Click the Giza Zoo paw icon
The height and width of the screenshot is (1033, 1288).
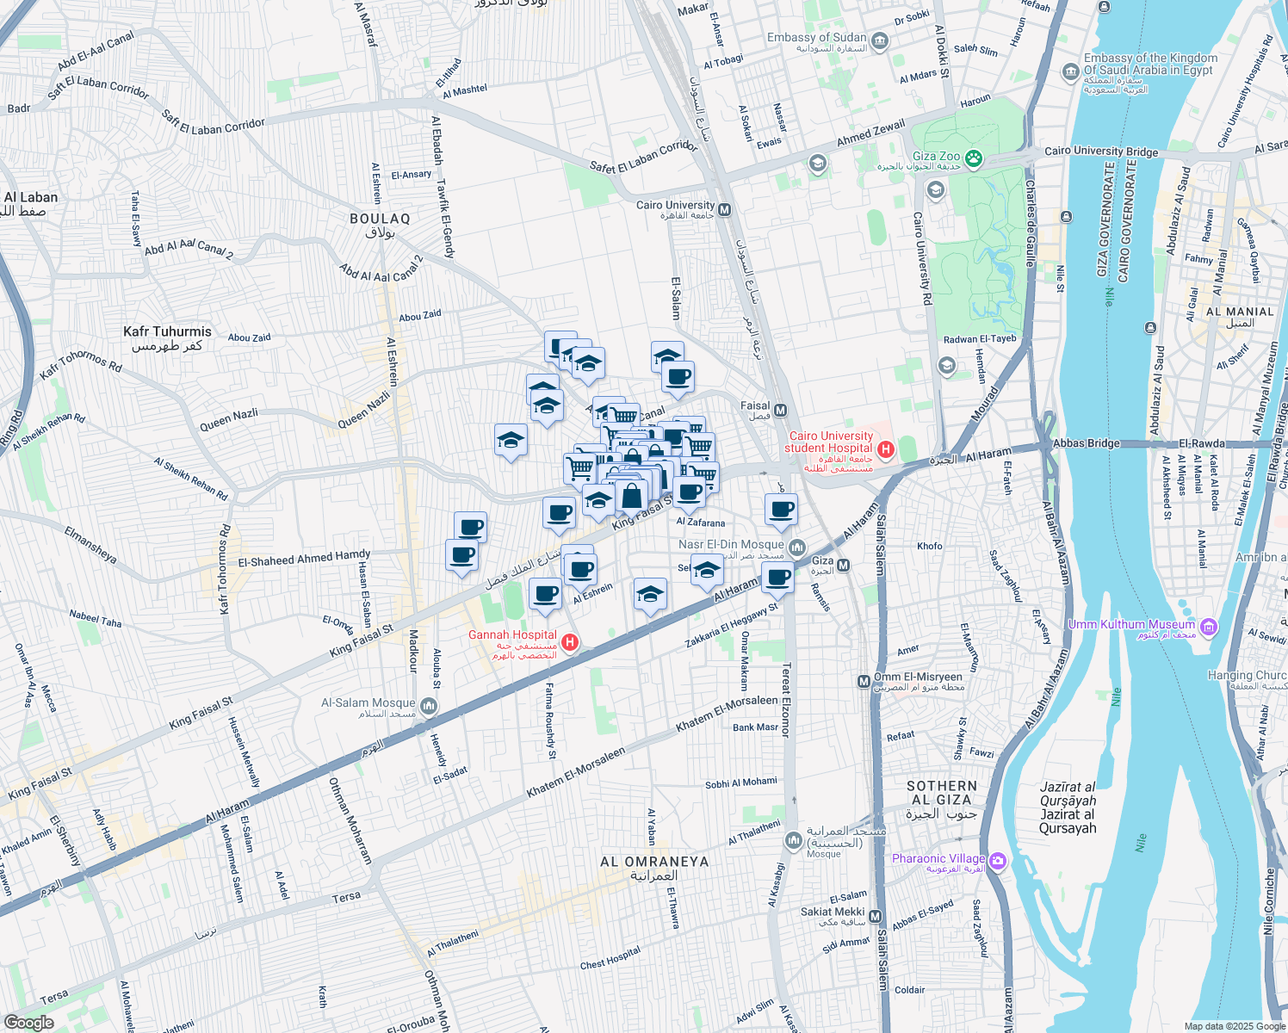coord(974,158)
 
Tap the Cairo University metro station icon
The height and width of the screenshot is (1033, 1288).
coord(725,209)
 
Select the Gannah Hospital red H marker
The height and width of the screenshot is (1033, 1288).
coord(569,642)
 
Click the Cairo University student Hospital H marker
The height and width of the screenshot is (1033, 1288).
coord(885,448)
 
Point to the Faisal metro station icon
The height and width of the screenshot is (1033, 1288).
coord(781,411)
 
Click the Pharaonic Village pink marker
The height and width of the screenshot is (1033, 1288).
coord(998,860)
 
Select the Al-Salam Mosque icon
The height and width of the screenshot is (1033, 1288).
coord(429,708)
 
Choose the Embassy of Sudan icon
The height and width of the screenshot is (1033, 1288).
coord(880,40)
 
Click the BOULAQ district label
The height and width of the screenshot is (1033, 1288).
coord(380,220)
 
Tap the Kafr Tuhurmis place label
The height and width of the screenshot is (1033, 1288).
coord(167,332)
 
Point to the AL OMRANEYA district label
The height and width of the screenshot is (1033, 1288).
coord(654,862)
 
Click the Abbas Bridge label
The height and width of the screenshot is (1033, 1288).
coord(1087,443)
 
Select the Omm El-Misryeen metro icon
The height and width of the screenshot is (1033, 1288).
coord(864,681)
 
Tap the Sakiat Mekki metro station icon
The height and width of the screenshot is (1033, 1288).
coord(876,917)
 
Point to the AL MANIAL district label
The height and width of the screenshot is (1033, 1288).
coord(1240,312)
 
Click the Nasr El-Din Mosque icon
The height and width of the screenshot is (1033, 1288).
coord(796,547)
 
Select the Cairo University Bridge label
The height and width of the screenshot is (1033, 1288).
coord(1101,152)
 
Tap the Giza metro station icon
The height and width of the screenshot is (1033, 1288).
coord(843,566)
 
